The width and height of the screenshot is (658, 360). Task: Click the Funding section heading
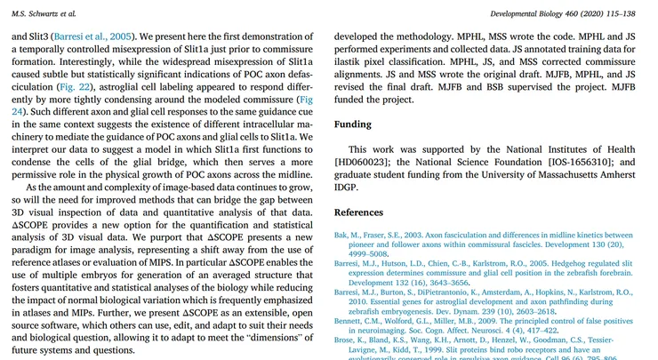[353, 125]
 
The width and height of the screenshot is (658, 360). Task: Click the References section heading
[365, 213]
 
